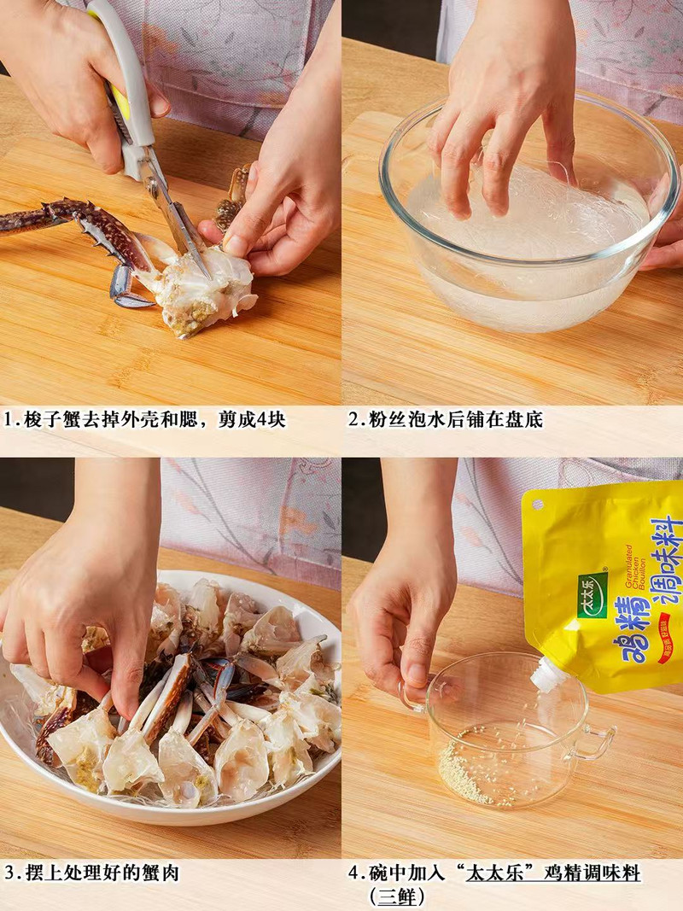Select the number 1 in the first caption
click(9, 420)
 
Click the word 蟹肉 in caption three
click(162, 873)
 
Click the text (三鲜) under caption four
click(397, 897)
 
